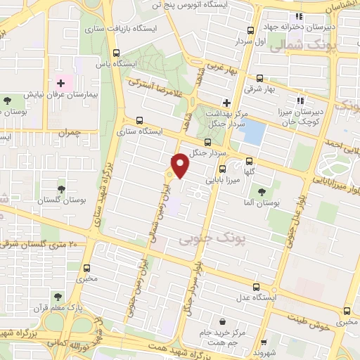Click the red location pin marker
pyautogui.click(x=181, y=165)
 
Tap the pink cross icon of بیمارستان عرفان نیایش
pyautogui.click(x=60, y=83)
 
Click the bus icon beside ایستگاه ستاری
pyautogui.click(x=139, y=120)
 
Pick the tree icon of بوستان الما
pyautogui.click(x=262, y=191)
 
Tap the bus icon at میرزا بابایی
pyautogui.click(x=222, y=169)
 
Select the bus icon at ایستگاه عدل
pyautogui.click(x=255, y=287)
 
